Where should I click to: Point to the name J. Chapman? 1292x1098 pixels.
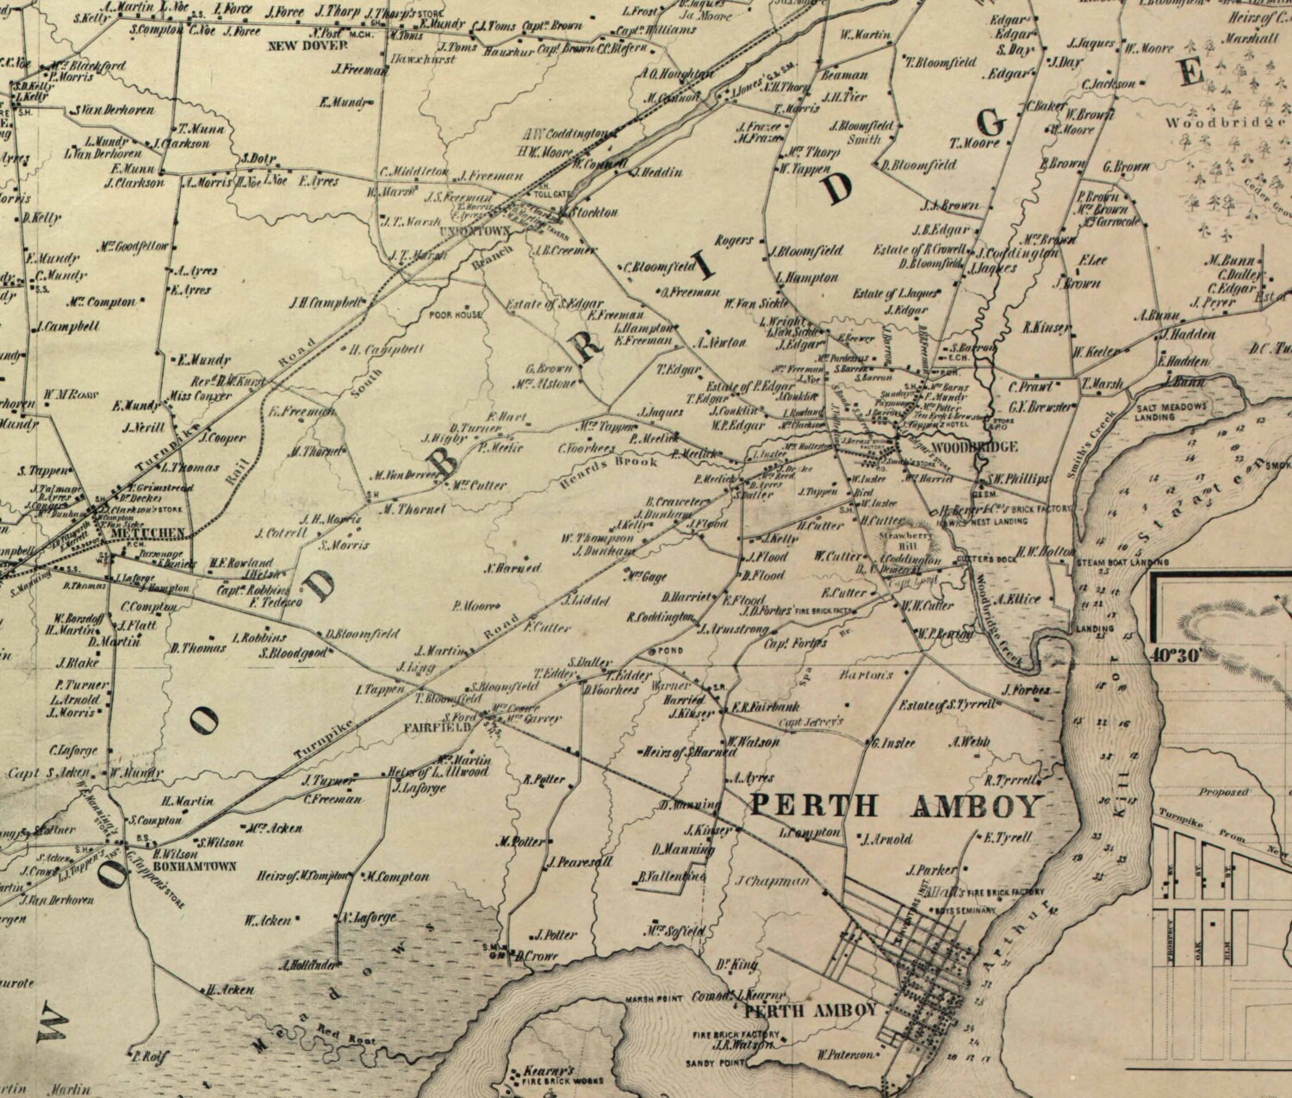773,881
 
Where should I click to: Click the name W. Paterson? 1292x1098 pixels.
845,1054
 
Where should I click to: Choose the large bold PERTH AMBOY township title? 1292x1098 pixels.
896,807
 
